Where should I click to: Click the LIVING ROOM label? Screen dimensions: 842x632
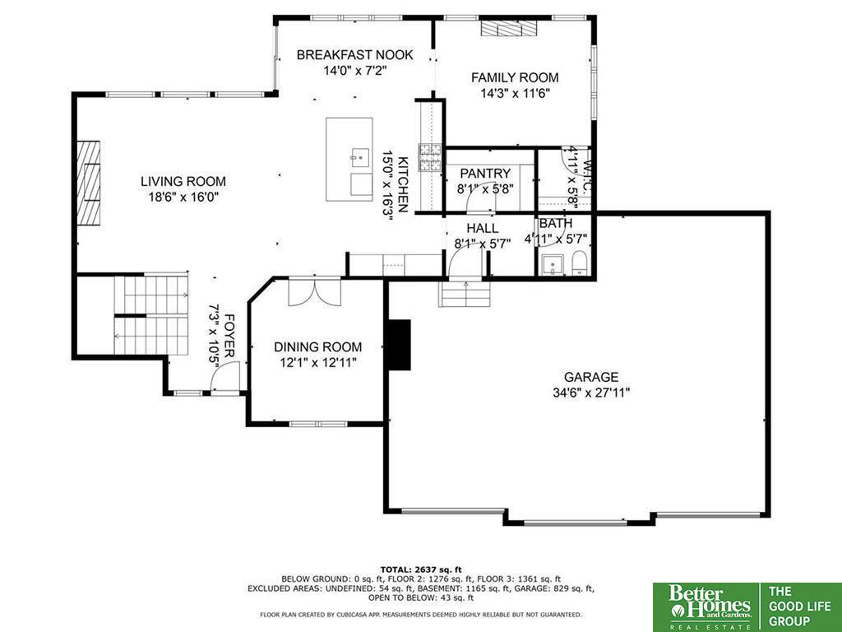tap(183, 182)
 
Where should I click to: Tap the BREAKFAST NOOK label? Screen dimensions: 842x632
tap(355, 55)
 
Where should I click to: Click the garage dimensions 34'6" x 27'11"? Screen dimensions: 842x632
tap(590, 393)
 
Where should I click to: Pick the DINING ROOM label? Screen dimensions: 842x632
tap(318, 347)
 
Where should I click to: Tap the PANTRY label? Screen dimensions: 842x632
tap(485, 174)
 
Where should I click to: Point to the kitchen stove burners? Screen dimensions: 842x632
tap(430, 157)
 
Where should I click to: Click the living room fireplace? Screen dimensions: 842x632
tap(89, 183)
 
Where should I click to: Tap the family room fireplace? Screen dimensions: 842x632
tap(508, 29)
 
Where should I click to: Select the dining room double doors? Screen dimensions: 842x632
tap(315, 292)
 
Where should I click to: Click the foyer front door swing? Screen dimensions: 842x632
tap(225, 377)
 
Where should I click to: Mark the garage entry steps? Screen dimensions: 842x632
tap(465, 295)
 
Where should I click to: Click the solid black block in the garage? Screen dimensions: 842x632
tap(399, 345)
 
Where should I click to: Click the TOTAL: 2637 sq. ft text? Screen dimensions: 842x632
tap(420, 569)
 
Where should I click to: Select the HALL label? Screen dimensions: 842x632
tap(482, 229)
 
